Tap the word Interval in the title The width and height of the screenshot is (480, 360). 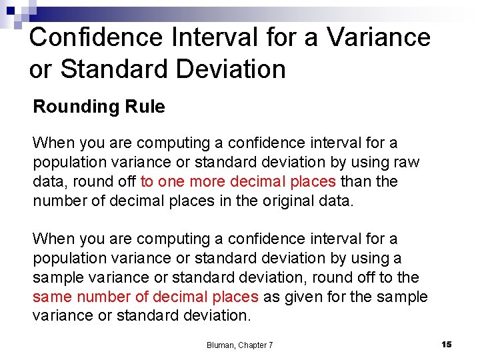pos(205,37)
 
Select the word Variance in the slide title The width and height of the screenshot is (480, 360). pos(379,37)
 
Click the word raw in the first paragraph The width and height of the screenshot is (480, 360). pos(407,162)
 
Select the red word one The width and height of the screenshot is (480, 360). pos(171,181)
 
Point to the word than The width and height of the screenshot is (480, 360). pos(356,181)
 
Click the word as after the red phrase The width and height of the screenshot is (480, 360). pos(273,297)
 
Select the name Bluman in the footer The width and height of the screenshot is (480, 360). pos(221,345)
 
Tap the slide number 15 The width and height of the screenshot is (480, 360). pos(447,344)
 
